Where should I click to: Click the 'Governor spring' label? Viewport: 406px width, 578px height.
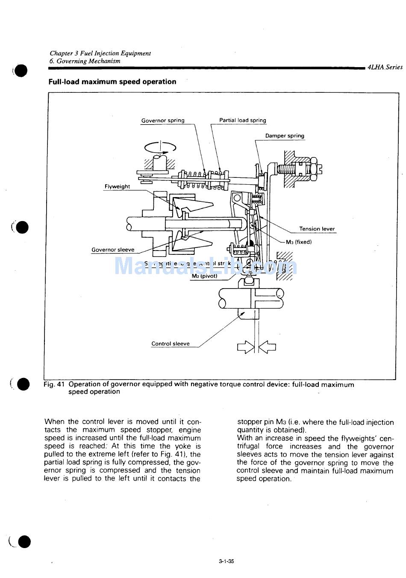click(163, 121)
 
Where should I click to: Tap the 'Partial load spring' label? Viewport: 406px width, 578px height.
click(242, 121)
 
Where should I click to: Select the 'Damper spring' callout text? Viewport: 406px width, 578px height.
click(285, 136)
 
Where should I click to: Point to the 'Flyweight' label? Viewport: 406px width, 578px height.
click(117, 186)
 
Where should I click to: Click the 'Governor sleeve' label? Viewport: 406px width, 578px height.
click(113, 250)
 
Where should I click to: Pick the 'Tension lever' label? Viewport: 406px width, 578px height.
click(317, 229)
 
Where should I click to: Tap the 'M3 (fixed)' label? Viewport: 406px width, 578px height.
click(299, 242)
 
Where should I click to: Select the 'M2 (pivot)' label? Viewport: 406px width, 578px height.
click(204, 276)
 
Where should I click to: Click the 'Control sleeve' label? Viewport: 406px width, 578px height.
click(170, 344)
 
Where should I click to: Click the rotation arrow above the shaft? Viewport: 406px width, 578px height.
click(160, 147)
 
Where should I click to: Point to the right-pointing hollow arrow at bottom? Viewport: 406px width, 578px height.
click(245, 347)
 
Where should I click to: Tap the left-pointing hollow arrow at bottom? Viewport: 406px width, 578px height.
click(268, 347)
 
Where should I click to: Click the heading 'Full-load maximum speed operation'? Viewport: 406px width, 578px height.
click(112, 82)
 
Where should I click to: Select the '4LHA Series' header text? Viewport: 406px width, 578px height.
click(385, 67)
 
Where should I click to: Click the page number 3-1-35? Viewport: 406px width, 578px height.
click(226, 561)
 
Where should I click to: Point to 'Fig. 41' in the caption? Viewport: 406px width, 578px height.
click(54, 384)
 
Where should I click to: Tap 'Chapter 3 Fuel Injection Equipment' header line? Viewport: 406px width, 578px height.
click(100, 53)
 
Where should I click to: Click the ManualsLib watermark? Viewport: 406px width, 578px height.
click(206, 266)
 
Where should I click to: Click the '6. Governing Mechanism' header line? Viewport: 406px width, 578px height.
click(85, 61)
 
